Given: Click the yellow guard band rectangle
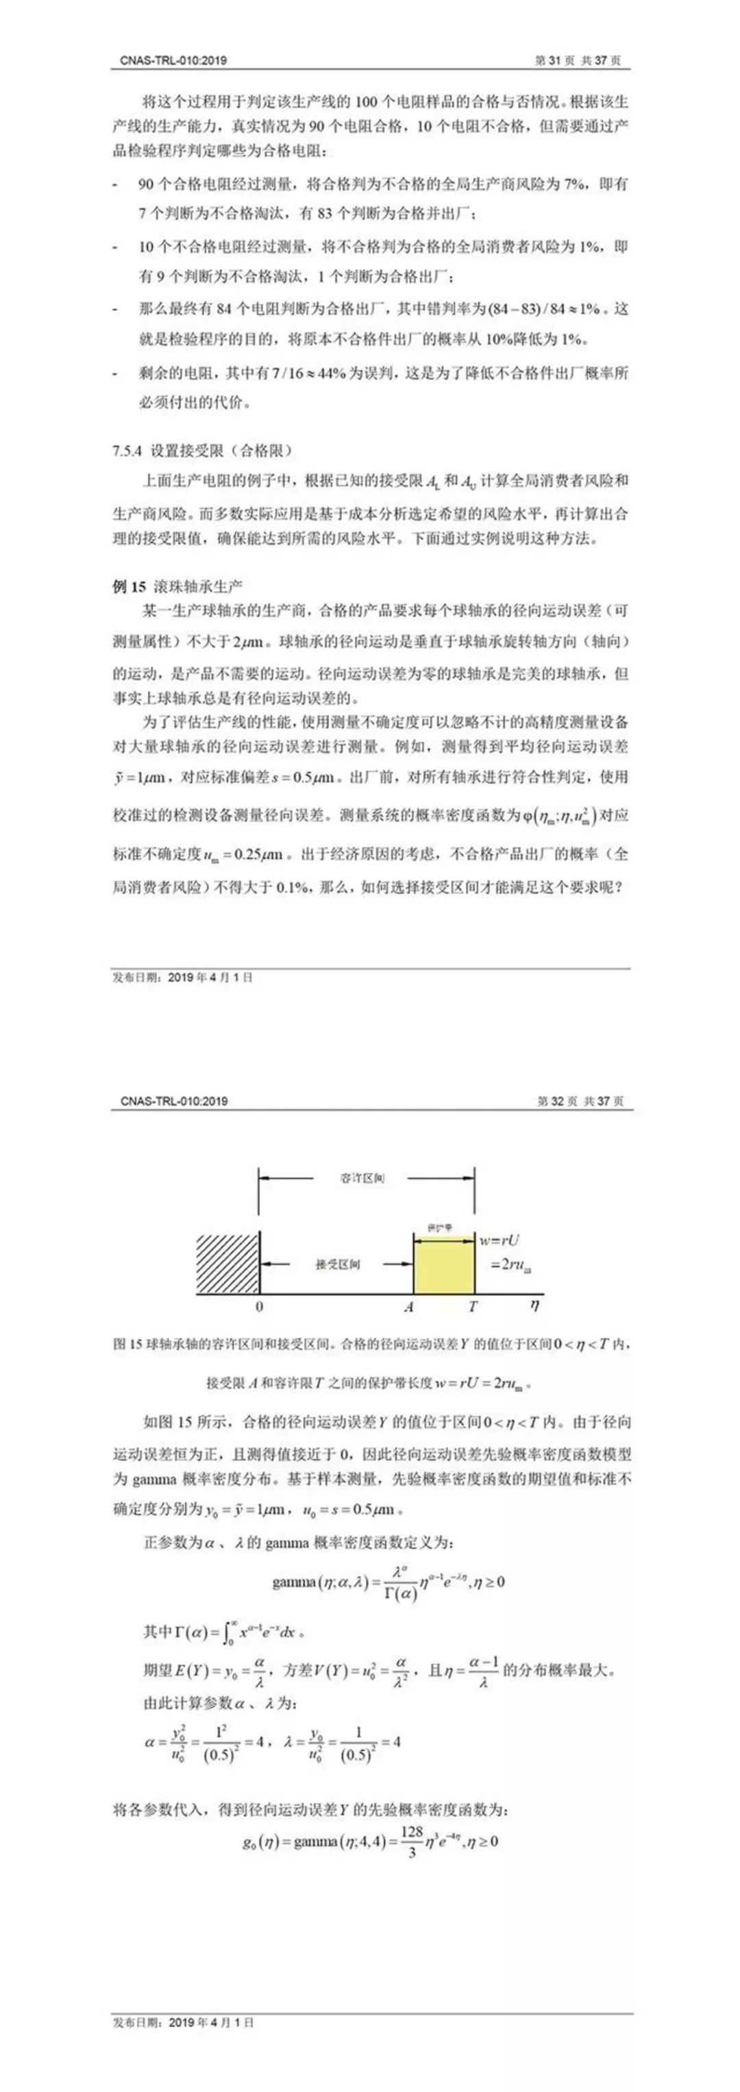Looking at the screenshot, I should [x=443, y=1265].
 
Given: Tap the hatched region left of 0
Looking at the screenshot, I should [x=227, y=1265].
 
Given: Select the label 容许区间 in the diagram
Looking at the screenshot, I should [x=362, y=1178].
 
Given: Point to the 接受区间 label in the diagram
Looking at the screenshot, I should [x=338, y=1265].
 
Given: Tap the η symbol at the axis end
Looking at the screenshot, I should [x=534, y=1305].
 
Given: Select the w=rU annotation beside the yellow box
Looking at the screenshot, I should [x=499, y=1240].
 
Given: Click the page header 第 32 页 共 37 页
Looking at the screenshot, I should [x=579, y=1101].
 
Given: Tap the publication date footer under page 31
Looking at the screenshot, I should [x=182, y=977].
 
